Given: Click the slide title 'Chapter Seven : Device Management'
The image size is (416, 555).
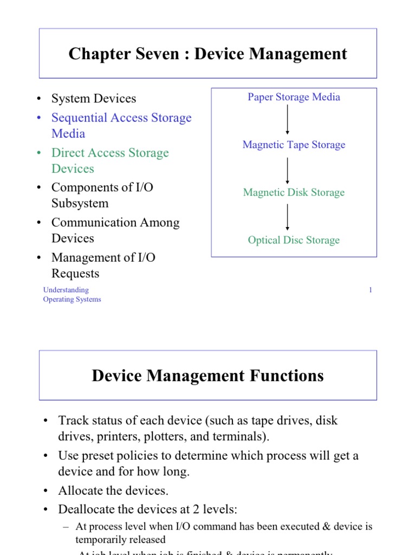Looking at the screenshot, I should tap(208, 54).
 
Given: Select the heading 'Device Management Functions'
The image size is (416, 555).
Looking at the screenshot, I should tap(208, 376).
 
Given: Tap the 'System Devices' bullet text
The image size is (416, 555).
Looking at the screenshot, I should tap(94, 99).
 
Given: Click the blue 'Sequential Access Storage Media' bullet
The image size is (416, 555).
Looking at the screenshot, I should tap(121, 125).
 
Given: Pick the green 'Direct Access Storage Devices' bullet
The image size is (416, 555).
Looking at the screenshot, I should tap(110, 160).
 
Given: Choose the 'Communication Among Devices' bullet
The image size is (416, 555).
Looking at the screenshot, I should tap(115, 230).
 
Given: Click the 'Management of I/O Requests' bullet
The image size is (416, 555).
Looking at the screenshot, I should tap(103, 265).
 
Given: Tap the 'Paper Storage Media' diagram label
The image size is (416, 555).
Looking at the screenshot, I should tap(294, 97).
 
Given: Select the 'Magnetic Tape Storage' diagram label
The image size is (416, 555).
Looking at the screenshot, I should tap(294, 145).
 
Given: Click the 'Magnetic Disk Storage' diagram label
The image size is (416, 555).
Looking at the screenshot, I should tap(294, 192).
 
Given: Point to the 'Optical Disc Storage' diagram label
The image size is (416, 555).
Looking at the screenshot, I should tap(294, 240).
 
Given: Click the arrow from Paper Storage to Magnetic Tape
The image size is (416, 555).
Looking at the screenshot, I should tap(287, 121).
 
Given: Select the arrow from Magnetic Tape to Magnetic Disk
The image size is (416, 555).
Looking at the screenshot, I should tap(287, 169).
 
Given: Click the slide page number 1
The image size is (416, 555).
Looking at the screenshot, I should tap(370, 290).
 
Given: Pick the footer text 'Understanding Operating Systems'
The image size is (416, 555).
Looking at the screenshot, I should tap(71, 294).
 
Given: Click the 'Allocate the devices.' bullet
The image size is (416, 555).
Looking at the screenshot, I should tap(113, 491).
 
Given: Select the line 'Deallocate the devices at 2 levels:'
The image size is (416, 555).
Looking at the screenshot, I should tap(148, 509).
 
